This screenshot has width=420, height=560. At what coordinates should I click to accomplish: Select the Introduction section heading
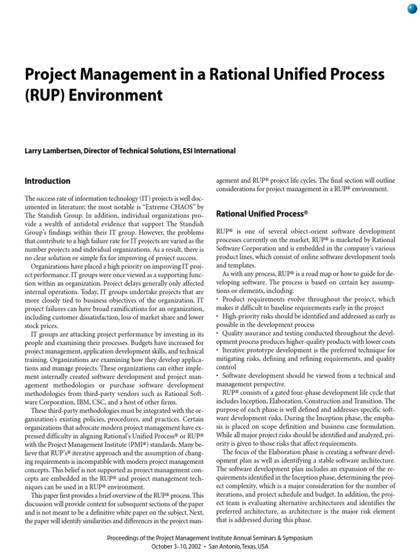pyautogui.click(x=48, y=181)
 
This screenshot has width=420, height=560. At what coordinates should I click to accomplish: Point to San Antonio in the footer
pyautogui.click(x=220, y=547)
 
